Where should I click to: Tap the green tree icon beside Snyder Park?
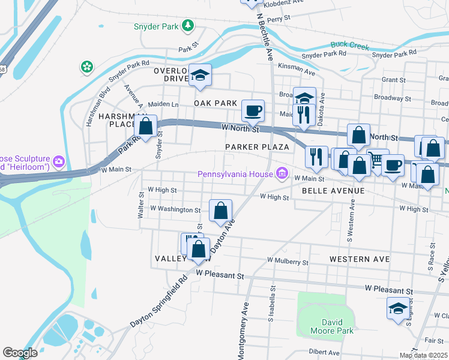point(188,25)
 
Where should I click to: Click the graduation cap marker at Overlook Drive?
point(200,75)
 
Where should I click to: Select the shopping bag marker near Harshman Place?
point(145,126)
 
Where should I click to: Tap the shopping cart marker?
point(378,160)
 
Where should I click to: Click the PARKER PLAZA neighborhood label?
point(257,147)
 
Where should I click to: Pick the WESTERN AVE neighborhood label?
point(360,259)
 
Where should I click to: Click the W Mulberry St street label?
point(288,262)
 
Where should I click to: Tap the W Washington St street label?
point(175,209)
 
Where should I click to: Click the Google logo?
point(20,352)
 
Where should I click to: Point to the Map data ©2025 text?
point(423,355)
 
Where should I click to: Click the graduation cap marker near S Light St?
point(398,308)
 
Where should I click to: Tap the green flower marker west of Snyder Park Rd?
point(88,67)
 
